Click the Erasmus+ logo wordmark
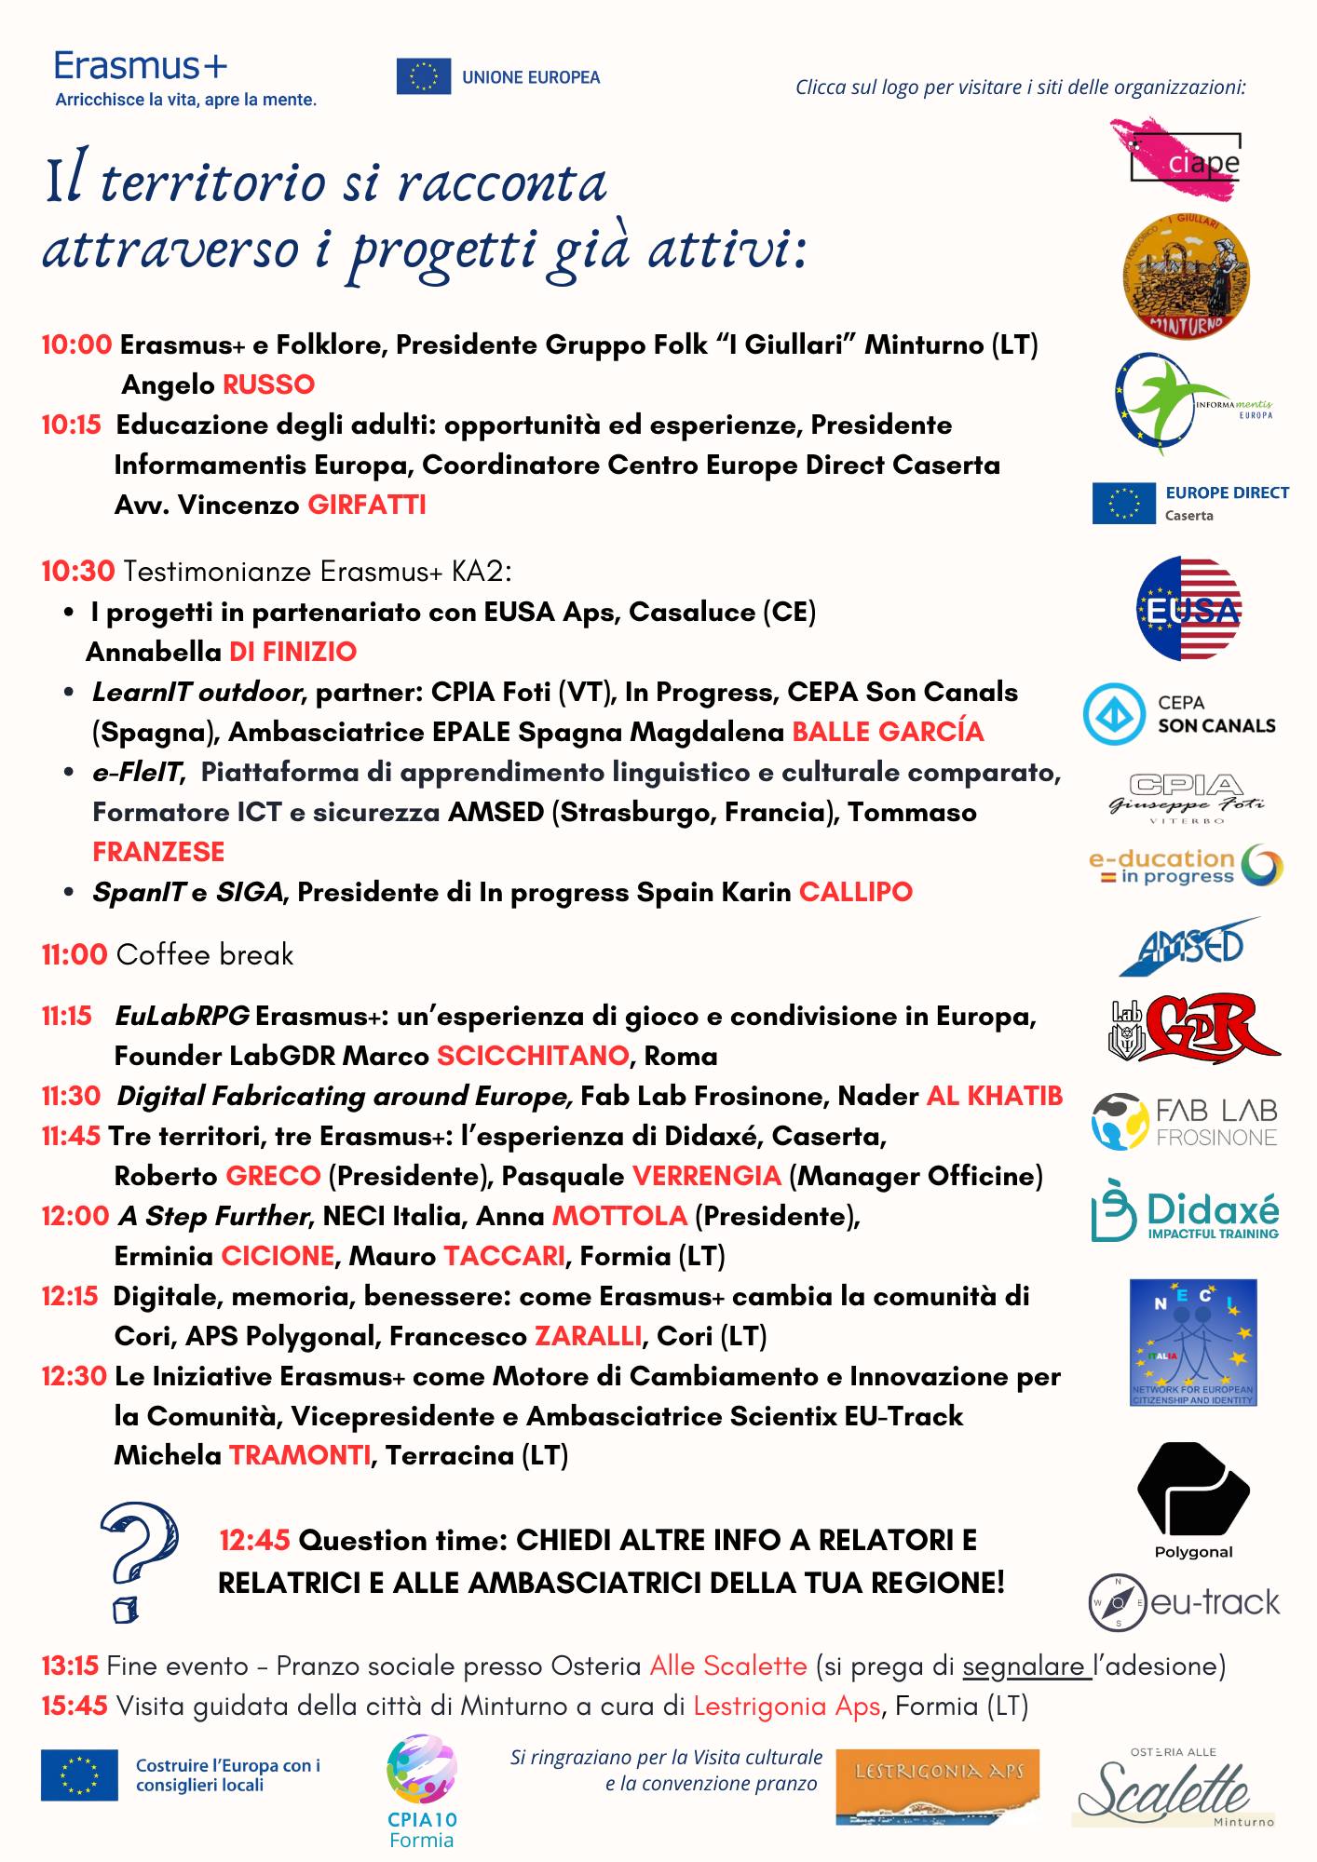(141, 67)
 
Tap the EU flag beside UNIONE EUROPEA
(423, 76)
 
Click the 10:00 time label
(76, 344)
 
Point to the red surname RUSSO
(268, 385)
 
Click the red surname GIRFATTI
(367, 505)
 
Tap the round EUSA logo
(1188, 609)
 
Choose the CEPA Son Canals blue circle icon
(1113, 714)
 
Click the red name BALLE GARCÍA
(888, 732)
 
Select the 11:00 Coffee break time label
(75, 954)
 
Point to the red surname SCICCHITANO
(533, 1056)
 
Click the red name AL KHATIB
(994, 1096)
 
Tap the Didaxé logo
(1185, 1212)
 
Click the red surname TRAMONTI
(300, 1455)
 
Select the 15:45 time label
(75, 1706)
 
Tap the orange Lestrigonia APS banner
(937, 1785)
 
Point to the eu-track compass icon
(1118, 1602)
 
